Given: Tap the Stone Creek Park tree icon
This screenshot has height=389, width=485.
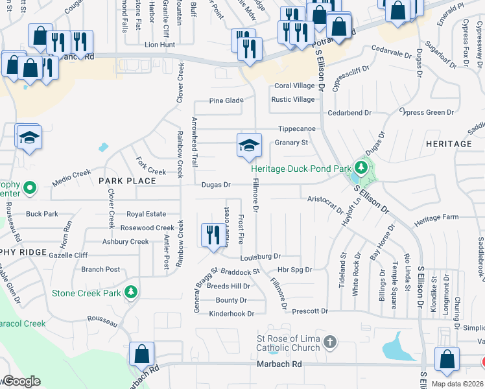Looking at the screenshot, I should tap(132, 293).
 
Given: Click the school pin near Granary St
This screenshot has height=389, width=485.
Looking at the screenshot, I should tap(248, 146).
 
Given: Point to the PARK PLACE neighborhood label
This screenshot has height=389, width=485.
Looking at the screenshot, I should tap(128, 181).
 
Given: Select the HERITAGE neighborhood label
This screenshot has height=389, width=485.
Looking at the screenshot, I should tap(449, 143).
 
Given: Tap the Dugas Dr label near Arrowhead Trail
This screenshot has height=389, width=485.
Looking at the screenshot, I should tap(216, 185).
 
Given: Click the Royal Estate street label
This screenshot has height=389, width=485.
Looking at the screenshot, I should tap(146, 213).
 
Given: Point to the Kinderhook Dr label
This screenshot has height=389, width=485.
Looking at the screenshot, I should tap(231, 314).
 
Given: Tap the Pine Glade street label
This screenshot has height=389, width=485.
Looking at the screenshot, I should tap(226, 100).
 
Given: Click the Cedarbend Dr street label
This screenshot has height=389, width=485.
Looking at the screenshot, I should tap(349, 113).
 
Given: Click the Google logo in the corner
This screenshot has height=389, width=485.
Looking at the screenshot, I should tap(21, 381).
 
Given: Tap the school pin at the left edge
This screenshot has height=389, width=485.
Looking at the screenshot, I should tap(29, 138).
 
